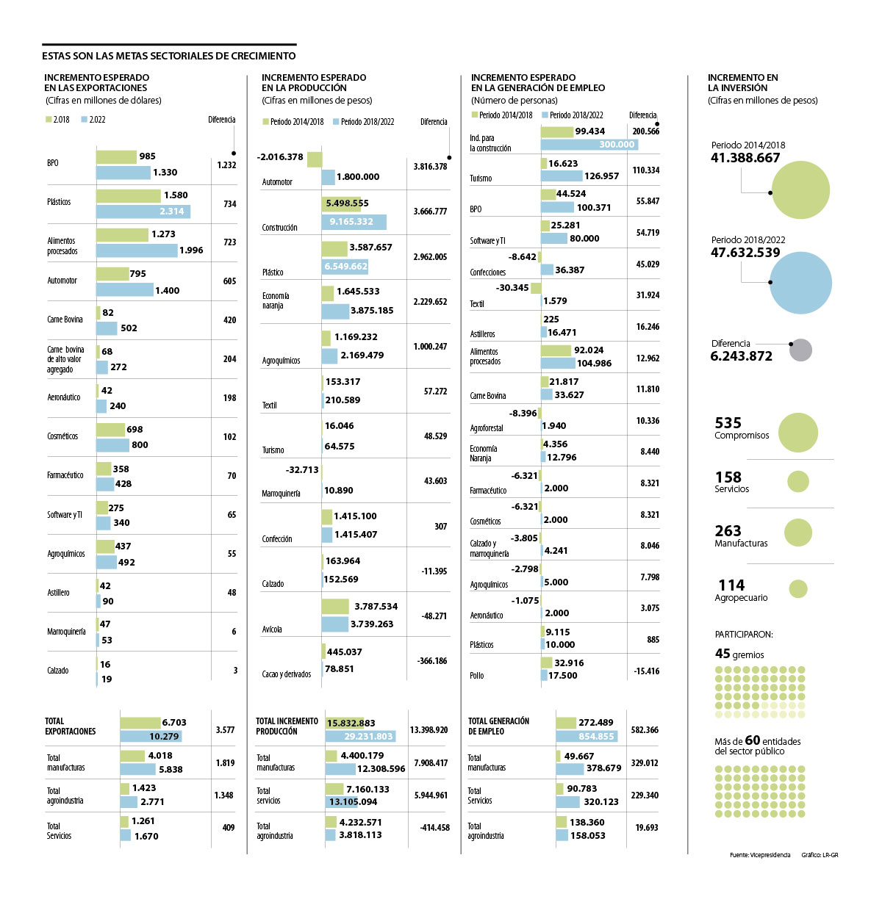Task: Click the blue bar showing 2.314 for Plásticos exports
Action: point(143,212)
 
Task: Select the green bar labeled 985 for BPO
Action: point(116,156)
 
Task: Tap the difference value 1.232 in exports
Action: point(226,165)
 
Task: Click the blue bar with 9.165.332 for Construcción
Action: point(354,222)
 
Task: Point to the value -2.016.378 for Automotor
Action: point(280,157)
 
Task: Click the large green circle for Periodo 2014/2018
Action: point(801,190)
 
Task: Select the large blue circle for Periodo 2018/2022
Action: point(801,283)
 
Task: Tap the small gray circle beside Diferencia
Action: point(801,350)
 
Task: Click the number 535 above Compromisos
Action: point(728,423)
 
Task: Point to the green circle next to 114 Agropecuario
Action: point(798,588)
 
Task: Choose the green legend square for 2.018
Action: point(49,119)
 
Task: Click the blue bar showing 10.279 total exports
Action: point(151,736)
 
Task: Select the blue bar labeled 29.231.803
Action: point(360,736)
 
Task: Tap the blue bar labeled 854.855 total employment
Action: point(587,736)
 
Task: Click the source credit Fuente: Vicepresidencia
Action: point(760,855)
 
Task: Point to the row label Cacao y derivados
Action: point(287,674)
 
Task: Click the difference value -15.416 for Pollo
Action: point(647,671)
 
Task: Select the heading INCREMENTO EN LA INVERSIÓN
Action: point(742,82)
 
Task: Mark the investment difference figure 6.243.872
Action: point(741,356)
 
